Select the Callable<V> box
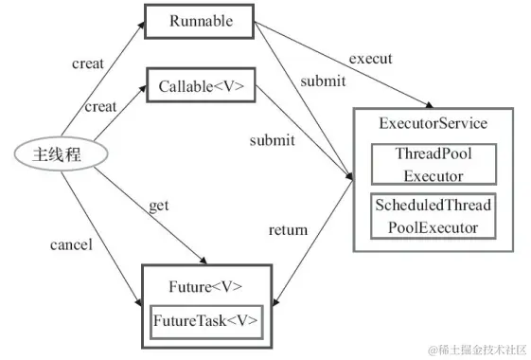coord(201,86)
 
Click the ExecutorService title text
coord(432,124)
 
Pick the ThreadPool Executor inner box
coord(432,165)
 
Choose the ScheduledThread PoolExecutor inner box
coord(434,216)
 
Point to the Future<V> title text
coord(205,285)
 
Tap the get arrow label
coord(159,206)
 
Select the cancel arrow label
coord(70,245)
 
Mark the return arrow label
coord(288,229)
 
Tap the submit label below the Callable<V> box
coord(272,140)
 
